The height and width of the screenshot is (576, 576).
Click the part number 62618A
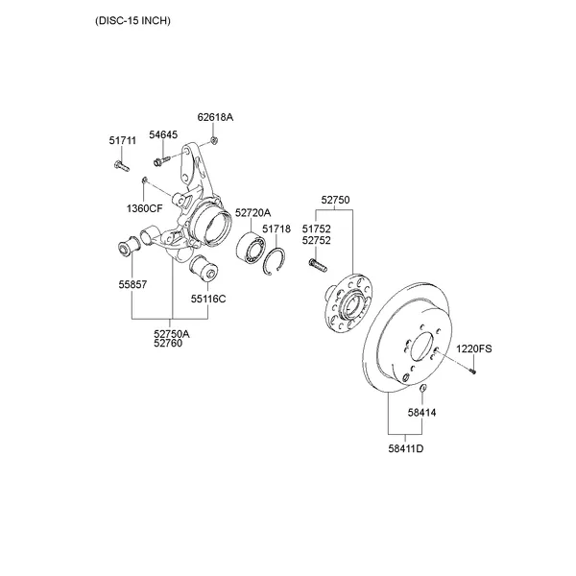(x=216, y=117)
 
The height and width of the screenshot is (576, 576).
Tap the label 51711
(x=123, y=141)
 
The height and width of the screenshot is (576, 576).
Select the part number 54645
(x=163, y=135)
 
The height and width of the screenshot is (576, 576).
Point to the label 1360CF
(x=146, y=207)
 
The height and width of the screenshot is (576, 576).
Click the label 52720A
(x=253, y=212)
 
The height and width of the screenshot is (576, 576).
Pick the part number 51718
(x=276, y=229)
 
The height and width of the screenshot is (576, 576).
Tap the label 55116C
(x=207, y=299)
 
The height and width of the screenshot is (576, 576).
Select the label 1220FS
(x=473, y=348)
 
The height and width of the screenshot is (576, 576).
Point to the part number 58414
(x=421, y=412)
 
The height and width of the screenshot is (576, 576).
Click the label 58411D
(x=406, y=448)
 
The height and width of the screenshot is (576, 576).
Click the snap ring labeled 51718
(x=276, y=259)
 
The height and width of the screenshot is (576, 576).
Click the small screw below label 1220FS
(x=473, y=371)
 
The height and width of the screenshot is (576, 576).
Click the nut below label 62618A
(x=215, y=141)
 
